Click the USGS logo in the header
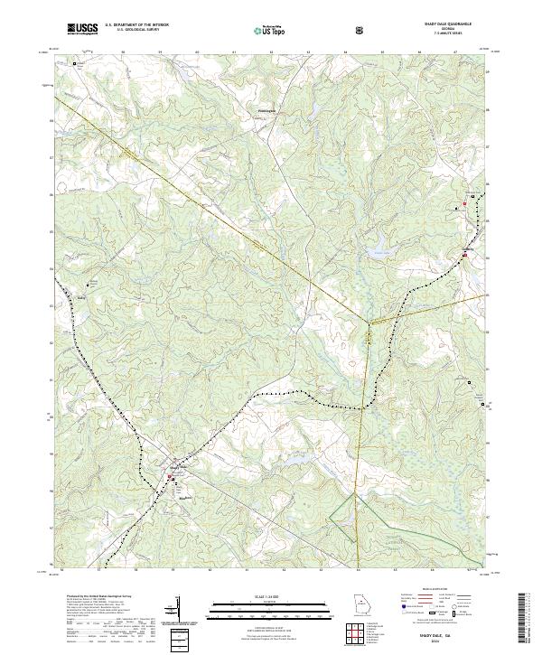tap(82, 30)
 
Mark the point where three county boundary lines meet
tap(369, 321)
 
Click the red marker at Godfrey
tap(464, 256)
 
